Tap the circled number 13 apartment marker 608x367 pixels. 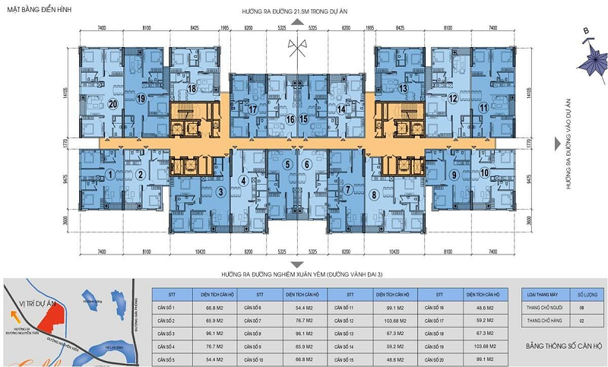[404, 89]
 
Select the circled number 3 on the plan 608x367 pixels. [220, 191]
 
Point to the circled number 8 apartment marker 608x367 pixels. [375, 195]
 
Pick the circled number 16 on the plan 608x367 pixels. [290, 119]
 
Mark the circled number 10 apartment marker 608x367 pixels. [484, 173]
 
